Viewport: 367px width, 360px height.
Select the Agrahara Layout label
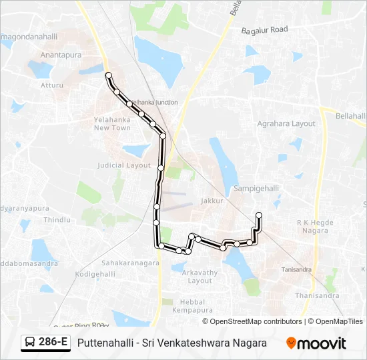point(286,123)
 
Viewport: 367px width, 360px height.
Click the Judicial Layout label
point(124,165)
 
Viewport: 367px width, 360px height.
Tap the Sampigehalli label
point(256,189)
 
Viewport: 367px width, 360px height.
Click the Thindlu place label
point(57,219)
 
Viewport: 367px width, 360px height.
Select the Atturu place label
point(51,85)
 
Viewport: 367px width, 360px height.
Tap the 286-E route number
point(53,343)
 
